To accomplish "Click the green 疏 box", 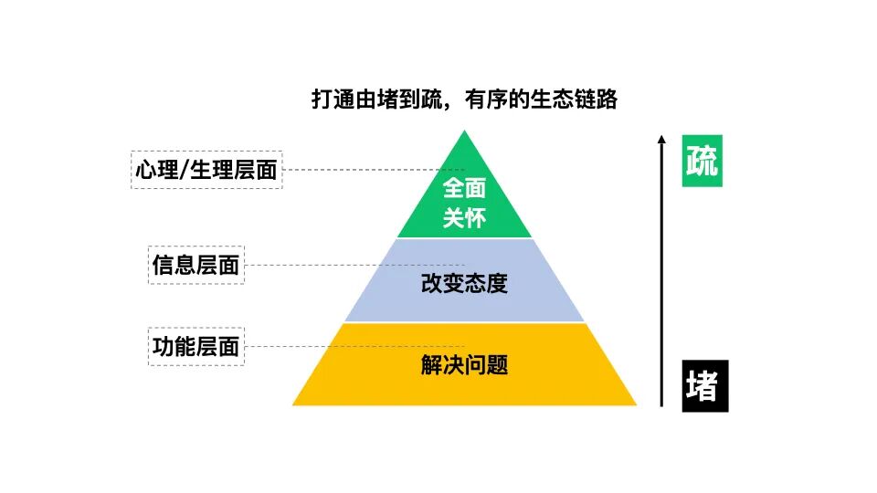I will (703, 161).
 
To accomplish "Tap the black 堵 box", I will (704, 386).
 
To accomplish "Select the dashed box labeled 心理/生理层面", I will (206, 170).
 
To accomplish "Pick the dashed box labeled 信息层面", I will (195, 265).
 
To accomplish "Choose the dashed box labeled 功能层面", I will (195, 347).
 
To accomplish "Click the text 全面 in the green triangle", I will (464, 188).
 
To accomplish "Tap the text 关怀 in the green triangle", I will (464, 219).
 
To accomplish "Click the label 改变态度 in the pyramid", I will (464, 283).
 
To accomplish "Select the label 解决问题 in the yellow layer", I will (464, 366).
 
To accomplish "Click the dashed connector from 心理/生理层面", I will (365, 170).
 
